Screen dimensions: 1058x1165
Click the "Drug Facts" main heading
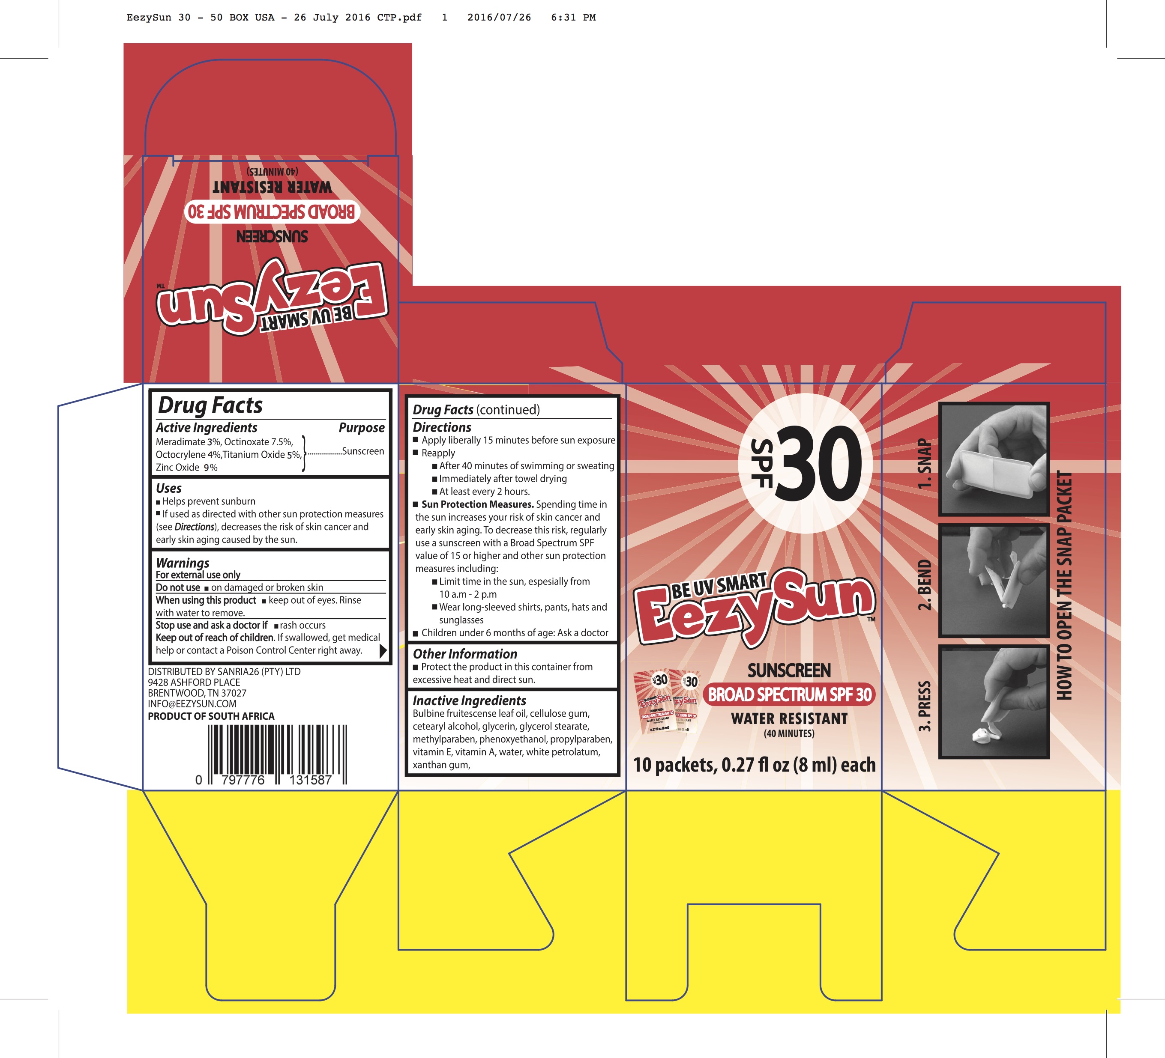pos(210,405)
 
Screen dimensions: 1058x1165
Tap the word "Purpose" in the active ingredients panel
pos(361,427)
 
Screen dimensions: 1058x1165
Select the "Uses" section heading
pos(169,488)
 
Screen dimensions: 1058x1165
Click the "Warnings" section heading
pos(183,563)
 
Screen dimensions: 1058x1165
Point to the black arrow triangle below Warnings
pos(383,651)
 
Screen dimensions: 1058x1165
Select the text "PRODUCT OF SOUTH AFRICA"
pos(211,716)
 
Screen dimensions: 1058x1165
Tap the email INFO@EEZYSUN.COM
pos(192,704)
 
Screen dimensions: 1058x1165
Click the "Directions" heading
pos(442,427)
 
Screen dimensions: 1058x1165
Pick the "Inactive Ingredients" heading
pos(469,700)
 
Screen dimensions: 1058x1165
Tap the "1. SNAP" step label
pos(925,464)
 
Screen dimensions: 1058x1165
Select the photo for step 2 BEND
pos(993,581)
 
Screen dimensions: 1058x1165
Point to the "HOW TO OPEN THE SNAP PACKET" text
pos(1064,585)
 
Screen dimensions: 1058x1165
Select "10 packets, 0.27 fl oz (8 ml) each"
pos(754,765)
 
